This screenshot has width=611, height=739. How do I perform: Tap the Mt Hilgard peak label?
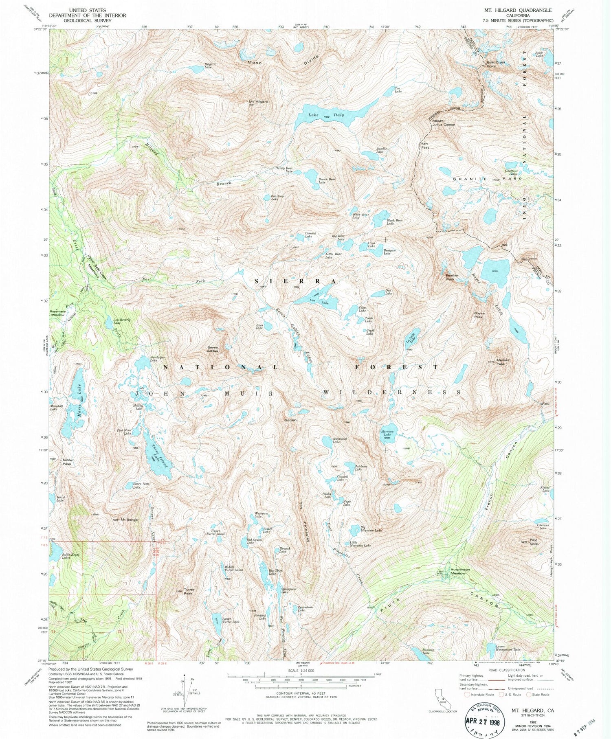(x=258, y=101)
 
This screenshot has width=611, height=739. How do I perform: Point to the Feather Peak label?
(x=452, y=277)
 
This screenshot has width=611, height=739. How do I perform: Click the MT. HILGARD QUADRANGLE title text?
(x=517, y=10)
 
